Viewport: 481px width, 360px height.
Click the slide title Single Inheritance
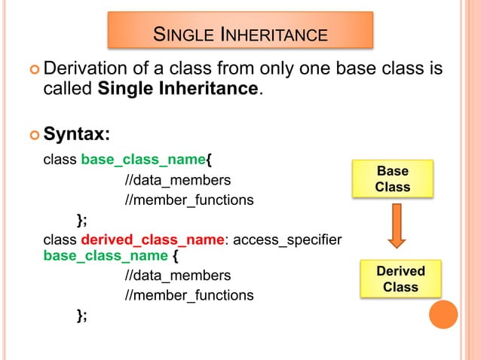(x=240, y=35)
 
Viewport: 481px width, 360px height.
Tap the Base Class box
(x=393, y=178)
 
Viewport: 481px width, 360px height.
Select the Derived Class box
(x=400, y=279)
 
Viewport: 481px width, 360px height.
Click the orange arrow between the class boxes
(x=397, y=226)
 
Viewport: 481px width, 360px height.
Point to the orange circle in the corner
(x=443, y=314)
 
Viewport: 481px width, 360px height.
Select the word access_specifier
(x=287, y=239)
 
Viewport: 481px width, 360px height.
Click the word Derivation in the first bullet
(x=89, y=70)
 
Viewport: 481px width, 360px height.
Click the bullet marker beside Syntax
(x=31, y=135)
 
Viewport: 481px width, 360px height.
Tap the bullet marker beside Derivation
(x=31, y=71)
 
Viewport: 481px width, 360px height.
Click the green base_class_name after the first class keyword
(x=142, y=160)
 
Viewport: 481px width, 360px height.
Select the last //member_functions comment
(x=189, y=294)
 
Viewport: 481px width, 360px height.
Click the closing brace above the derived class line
(x=81, y=220)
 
